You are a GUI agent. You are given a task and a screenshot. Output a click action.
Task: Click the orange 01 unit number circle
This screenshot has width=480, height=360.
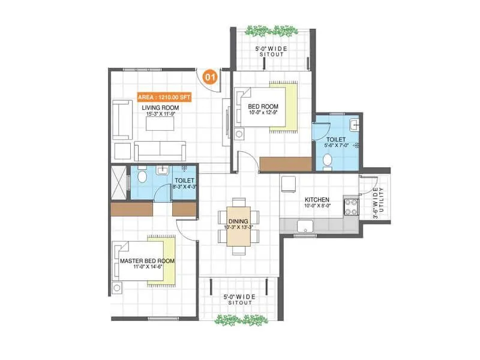tap(210, 77)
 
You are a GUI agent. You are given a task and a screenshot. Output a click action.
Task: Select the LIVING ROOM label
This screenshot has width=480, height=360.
tap(160, 108)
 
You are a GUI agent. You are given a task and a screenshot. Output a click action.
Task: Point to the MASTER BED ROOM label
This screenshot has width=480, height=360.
tap(147, 262)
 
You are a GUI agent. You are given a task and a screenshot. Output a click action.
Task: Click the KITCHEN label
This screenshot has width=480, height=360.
tap(316, 200)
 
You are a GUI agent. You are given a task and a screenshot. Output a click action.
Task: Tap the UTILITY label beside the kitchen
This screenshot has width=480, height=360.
tap(376, 204)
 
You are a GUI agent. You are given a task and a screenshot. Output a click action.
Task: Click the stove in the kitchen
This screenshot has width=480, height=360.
tap(350, 207)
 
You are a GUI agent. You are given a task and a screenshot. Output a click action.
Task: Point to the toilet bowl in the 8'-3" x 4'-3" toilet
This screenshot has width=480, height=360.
tap(142, 176)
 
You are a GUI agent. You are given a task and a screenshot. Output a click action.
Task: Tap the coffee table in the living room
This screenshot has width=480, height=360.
tap(160, 122)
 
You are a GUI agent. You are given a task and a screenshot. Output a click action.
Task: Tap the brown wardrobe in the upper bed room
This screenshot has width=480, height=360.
tap(286, 163)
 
